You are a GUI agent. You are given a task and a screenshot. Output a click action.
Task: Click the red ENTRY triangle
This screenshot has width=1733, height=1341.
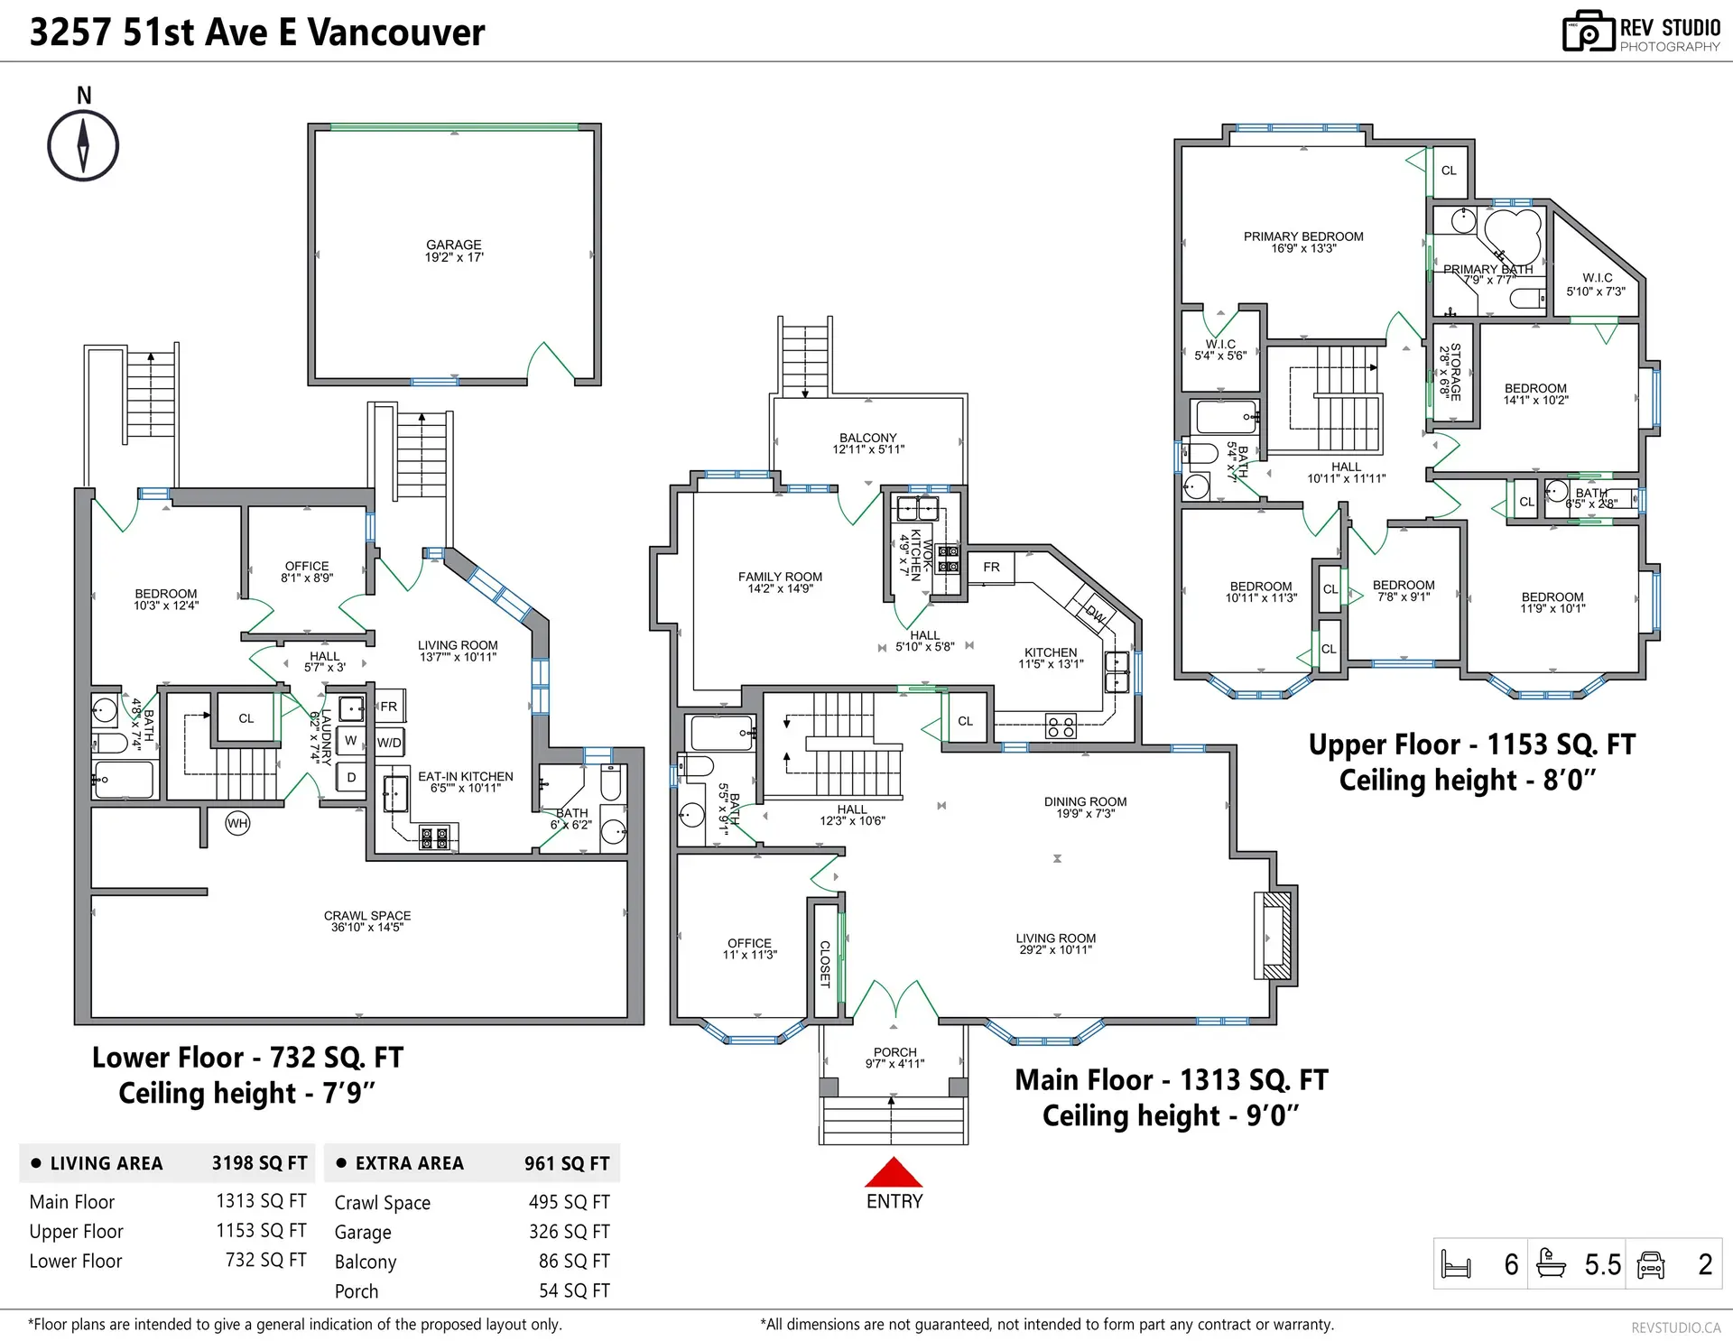tap(894, 1173)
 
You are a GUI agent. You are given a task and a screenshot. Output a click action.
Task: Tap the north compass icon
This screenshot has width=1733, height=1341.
tap(83, 145)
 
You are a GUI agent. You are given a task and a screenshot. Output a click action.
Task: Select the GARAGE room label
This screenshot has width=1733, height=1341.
tap(454, 250)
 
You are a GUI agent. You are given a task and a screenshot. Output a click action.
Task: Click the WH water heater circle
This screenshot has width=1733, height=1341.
tap(237, 823)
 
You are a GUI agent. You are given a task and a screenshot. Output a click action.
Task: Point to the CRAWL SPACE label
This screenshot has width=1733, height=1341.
tap(367, 920)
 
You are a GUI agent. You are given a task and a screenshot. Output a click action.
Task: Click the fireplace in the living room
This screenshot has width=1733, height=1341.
tap(1275, 936)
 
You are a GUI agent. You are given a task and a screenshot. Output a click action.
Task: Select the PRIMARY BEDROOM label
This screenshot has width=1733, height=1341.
tap(1303, 242)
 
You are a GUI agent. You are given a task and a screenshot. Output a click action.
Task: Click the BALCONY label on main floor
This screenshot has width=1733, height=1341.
tap(868, 443)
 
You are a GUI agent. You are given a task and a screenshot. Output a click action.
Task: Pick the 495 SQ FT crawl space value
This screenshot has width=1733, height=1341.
tap(570, 1202)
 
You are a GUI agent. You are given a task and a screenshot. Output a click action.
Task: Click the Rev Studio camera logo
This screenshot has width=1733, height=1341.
tap(1588, 32)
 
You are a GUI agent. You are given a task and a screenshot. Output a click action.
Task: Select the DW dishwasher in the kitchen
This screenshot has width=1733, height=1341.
tap(1094, 613)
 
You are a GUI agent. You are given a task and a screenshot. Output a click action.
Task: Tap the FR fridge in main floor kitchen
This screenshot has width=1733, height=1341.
tap(991, 568)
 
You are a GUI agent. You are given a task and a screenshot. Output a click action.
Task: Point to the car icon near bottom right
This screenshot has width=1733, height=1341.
tap(1651, 1264)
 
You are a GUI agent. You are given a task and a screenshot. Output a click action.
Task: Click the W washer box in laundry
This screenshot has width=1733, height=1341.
tap(350, 741)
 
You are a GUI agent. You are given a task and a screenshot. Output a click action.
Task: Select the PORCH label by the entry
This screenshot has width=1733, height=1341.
tap(894, 1057)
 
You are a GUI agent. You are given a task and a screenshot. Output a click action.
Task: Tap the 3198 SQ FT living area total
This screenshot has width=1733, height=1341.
tap(260, 1163)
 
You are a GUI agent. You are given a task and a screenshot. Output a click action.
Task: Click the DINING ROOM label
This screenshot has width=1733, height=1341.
tap(1085, 807)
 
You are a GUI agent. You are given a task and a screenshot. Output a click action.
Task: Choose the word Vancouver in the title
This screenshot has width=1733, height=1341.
tap(396, 32)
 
